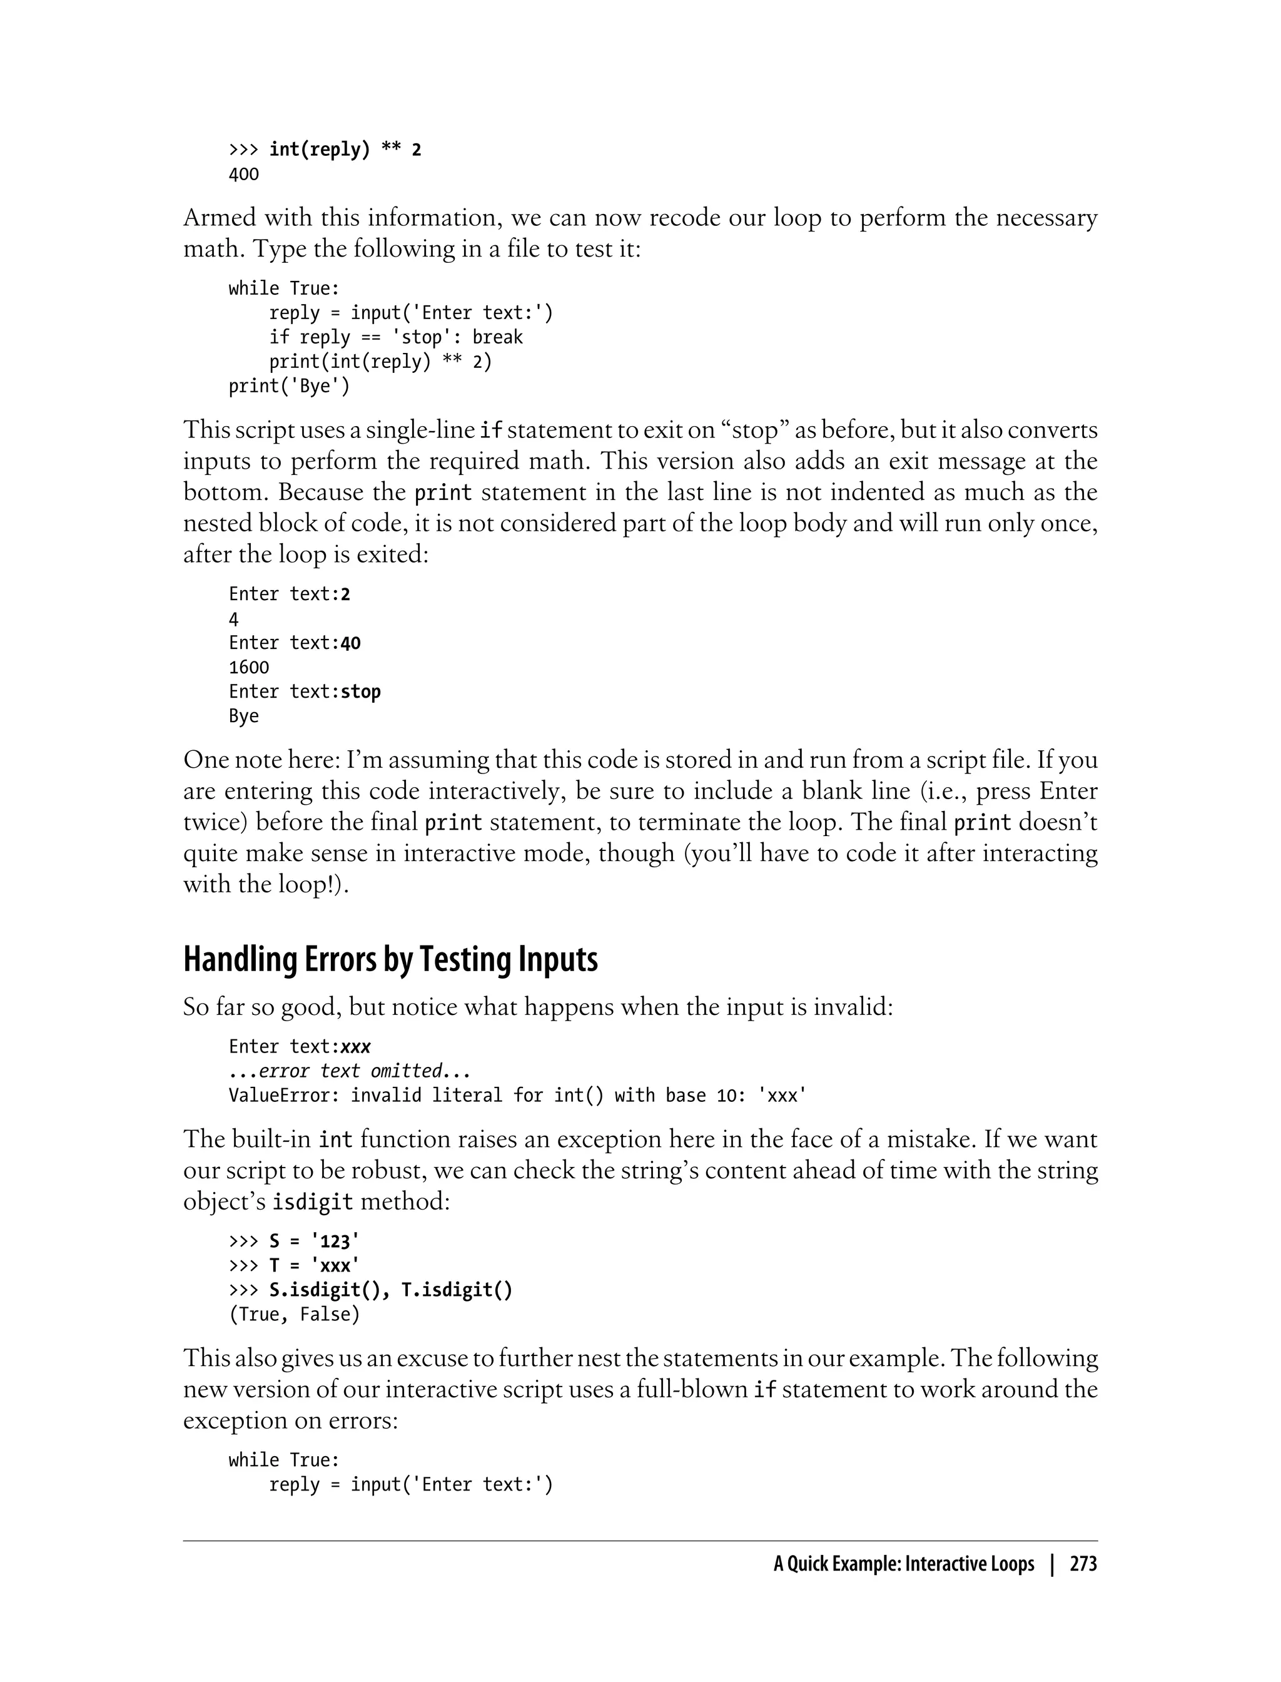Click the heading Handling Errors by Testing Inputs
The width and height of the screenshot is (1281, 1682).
390,960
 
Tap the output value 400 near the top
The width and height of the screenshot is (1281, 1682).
244,175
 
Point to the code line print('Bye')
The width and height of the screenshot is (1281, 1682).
289,386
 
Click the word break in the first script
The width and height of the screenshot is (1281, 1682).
497,337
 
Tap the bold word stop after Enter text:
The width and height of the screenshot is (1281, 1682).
361,692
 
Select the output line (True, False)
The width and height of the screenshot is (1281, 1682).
293,1314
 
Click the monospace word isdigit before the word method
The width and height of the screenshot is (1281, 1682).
313,1202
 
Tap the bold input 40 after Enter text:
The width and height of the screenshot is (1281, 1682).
350,643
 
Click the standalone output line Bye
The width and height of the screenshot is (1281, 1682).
244,716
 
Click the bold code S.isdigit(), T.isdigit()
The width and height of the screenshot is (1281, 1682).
390,1290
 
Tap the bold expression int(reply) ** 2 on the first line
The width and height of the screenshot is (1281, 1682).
345,150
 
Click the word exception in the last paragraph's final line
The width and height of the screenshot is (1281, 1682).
238,1420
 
